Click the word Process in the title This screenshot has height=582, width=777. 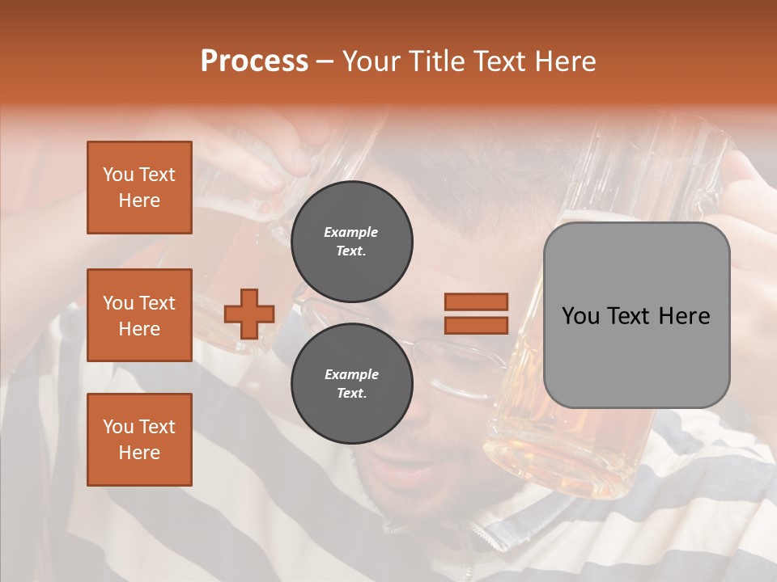pos(254,61)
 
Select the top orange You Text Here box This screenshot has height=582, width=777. pos(139,188)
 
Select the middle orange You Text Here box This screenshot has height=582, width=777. pos(139,315)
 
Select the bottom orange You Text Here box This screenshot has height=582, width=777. pos(139,440)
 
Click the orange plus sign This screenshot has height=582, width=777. pos(249,314)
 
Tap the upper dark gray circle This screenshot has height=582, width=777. pos(351,241)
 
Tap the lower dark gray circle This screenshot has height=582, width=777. pos(351,383)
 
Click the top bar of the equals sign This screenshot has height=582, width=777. pos(476,302)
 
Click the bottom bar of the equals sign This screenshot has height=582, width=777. pos(476,325)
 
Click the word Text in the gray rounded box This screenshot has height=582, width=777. pos(633,316)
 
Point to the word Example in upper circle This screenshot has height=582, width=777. pos(351,232)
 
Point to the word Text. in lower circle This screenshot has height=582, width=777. pos(351,393)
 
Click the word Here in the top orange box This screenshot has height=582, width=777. pos(139,200)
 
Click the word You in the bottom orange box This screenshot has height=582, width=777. pos(118,427)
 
